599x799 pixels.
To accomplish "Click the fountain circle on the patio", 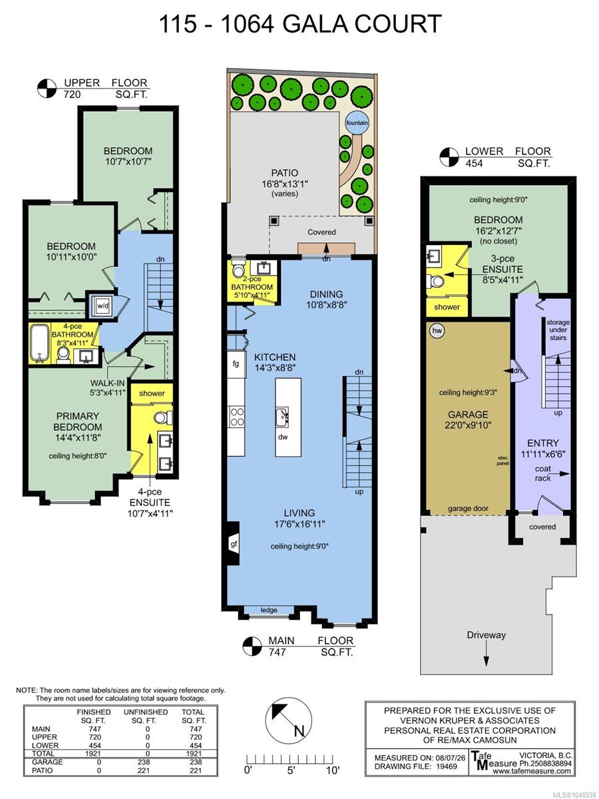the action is tap(357, 123).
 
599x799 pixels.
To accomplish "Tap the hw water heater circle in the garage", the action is tap(437, 330).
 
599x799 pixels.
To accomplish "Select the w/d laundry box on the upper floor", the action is tap(102, 306).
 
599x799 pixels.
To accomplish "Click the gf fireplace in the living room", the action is tap(234, 544).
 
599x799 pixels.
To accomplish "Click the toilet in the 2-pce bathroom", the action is tap(238, 268).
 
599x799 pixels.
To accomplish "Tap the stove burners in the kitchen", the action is tap(236, 417).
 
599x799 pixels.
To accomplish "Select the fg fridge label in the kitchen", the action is tap(236, 364).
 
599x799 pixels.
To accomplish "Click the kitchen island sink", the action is tap(282, 417).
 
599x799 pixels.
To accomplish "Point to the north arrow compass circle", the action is tap(288, 720).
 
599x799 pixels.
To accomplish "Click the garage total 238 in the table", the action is tap(195, 762).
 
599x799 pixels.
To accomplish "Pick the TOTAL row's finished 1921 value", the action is tap(93, 754).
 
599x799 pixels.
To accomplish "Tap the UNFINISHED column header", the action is tap(146, 712).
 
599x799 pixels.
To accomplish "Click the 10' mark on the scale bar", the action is tap(332, 770).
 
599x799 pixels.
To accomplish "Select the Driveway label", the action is tap(487, 635).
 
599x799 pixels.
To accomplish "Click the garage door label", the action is tap(468, 509).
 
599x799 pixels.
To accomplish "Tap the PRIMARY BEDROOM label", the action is tap(77, 421).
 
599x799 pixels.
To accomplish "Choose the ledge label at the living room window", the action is tap(269, 610).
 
